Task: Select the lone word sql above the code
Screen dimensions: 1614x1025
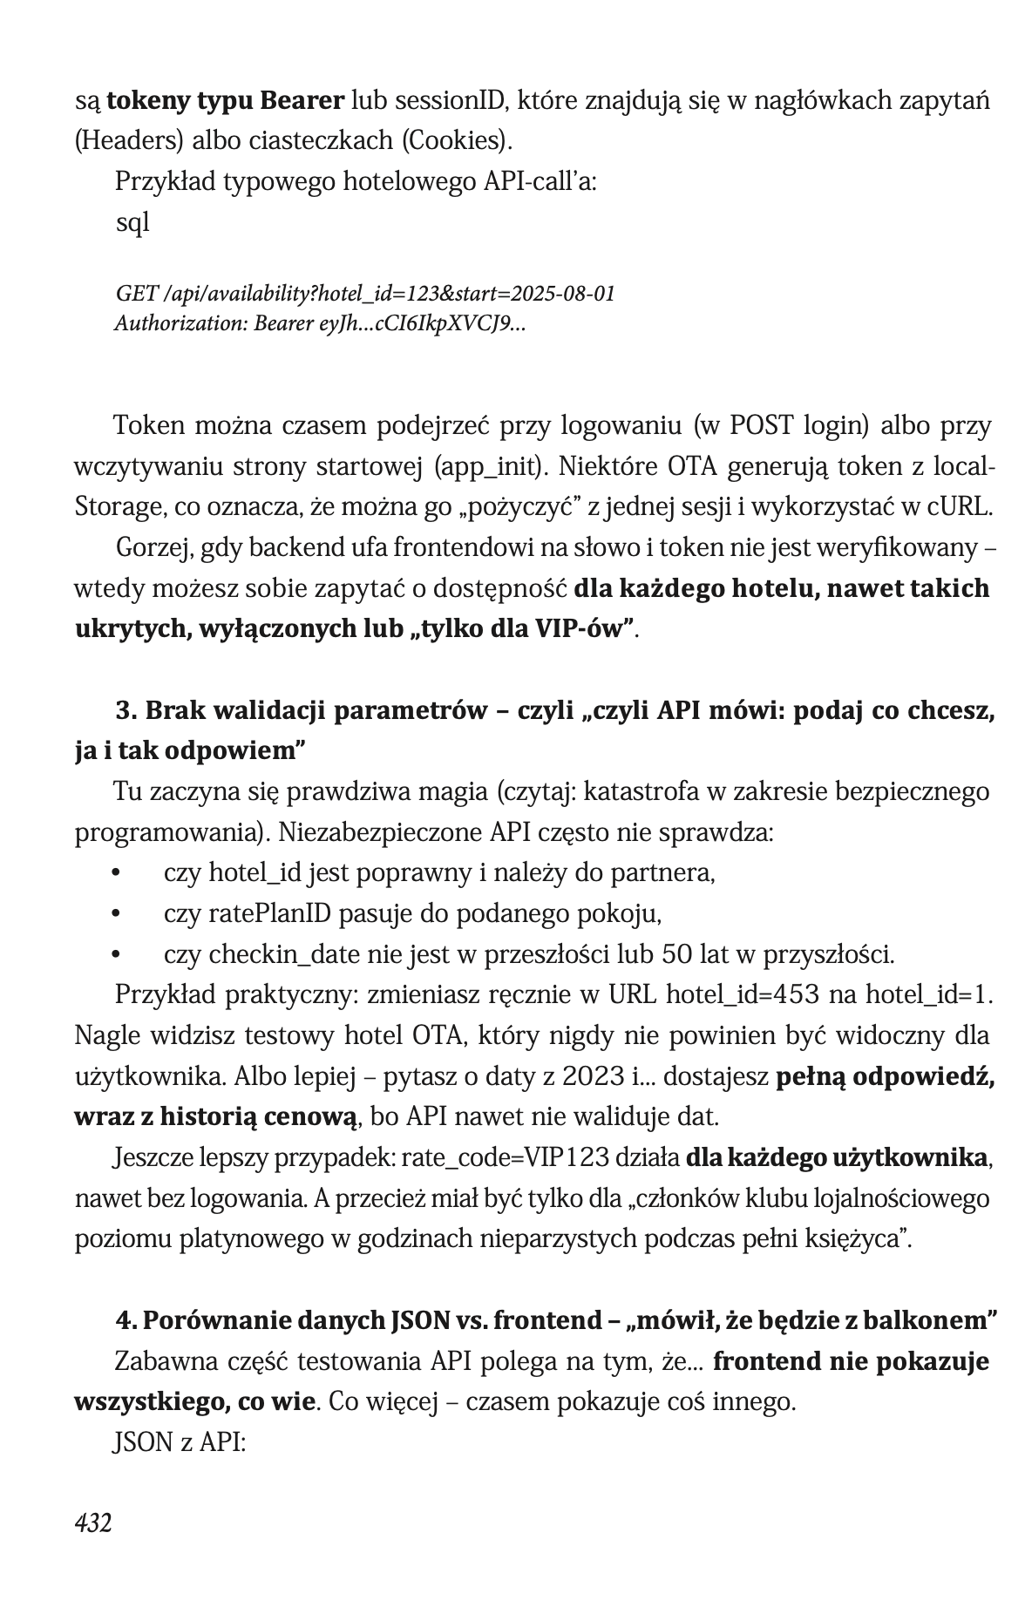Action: click(x=132, y=222)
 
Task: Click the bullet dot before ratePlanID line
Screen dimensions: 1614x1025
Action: click(x=115, y=914)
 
